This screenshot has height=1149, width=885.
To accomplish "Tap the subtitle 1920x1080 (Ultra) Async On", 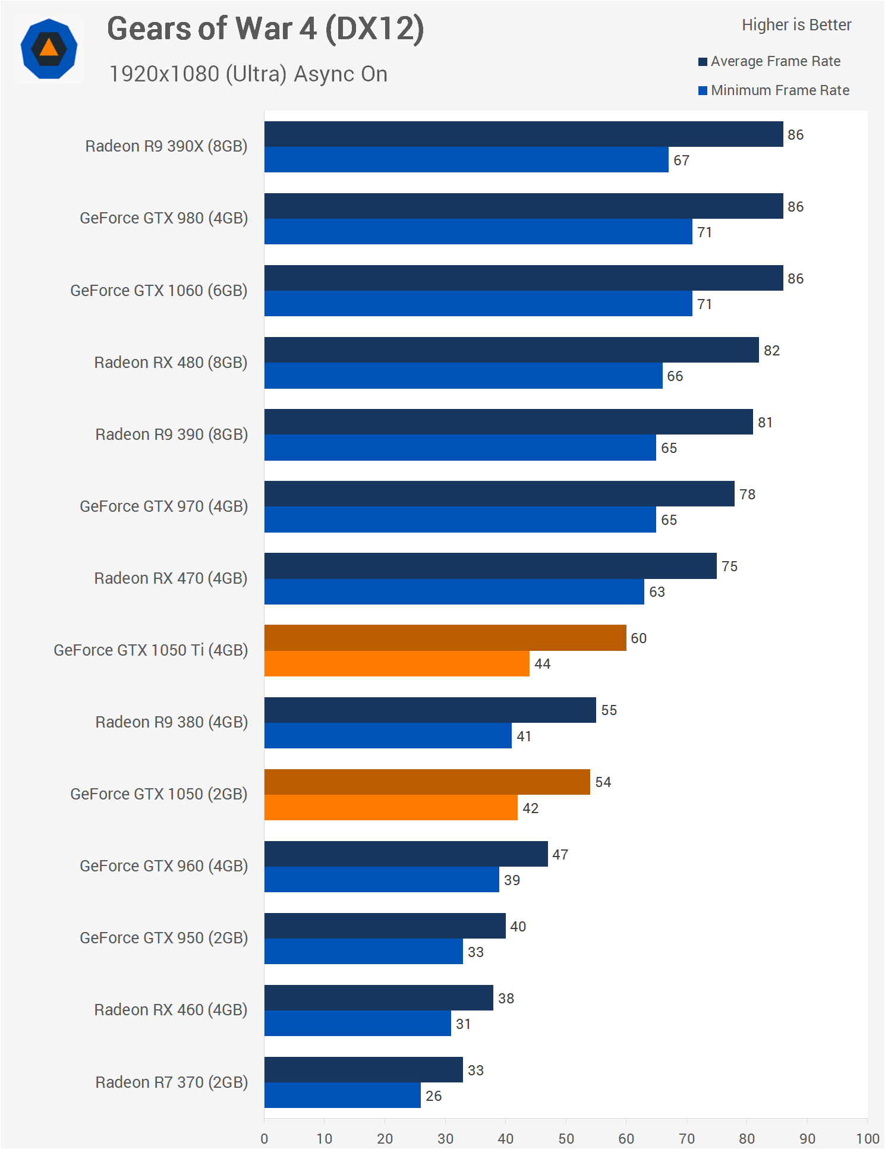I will (248, 74).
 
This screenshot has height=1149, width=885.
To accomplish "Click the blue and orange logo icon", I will (49, 49).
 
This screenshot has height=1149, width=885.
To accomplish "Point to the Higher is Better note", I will (796, 25).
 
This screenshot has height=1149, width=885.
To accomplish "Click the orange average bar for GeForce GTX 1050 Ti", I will (445, 638).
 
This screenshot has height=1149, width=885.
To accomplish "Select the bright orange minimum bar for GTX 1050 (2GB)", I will (390, 808).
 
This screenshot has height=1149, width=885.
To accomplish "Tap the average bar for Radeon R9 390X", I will (523, 134).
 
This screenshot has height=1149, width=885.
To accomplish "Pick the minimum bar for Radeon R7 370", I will (342, 1096).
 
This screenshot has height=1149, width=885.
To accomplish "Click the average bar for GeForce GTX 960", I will (406, 854).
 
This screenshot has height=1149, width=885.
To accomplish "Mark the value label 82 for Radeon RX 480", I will (771, 351).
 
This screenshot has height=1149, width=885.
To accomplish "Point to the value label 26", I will (433, 1096).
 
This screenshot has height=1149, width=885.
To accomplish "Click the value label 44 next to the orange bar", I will (542, 664).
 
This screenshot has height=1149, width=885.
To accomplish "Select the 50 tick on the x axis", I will (566, 1138).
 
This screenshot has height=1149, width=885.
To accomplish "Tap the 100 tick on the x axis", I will (867, 1138).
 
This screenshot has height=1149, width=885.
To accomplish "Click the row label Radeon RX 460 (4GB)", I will (171, 1010).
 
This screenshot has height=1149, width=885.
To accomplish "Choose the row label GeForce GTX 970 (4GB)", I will (163, 506).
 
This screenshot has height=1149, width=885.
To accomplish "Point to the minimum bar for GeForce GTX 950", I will (363, 952).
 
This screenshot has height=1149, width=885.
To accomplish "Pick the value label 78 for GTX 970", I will (747, 495).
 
